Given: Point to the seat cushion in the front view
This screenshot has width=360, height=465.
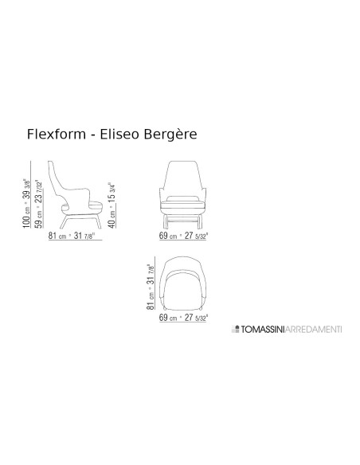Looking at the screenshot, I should [x=188, y=198].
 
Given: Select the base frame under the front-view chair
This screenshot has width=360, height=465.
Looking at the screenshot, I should [x=188, y=217].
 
